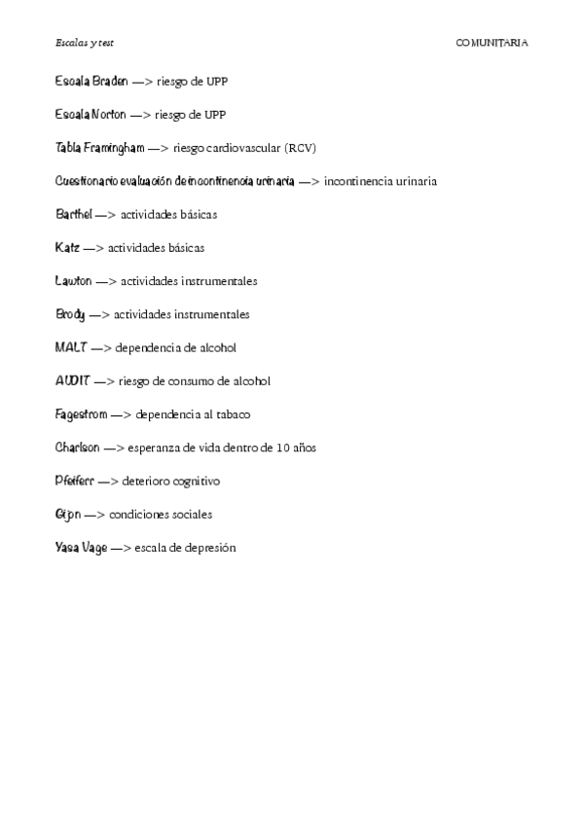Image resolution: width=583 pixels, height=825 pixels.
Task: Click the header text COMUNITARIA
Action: pyautogui.click(x=492, y=43)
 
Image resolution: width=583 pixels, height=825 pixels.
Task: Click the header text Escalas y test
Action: pyautogui.click(x=85, y=43)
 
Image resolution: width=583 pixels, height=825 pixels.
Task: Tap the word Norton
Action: pyautogui.click(x=108, y=114)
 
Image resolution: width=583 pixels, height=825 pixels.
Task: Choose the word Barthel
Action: pyautogui.click(x=74, y=214)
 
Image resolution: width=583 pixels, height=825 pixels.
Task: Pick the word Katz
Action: pyautogui.click(x=68, y=247)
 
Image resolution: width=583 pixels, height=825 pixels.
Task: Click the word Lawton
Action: pyautogui.click(x=74, y=281)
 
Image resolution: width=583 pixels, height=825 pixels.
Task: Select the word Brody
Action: pyautogui.click(x=71, y=314)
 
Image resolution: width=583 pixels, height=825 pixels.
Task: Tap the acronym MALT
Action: pyautogui.click(x=71, y=347)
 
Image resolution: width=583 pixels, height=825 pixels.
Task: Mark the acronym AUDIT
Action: pyautogui.click(x=73, y=380)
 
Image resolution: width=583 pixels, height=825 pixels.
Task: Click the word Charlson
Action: pyautogui.click(x=78, y=448)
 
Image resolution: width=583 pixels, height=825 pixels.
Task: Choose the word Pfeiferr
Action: pyautogui.click(x=75, y=481)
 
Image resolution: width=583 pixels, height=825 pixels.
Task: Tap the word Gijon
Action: pyautogui.click(x=68, y=514)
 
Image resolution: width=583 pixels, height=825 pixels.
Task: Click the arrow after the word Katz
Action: pyautogui.click(x=93, y=247)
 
